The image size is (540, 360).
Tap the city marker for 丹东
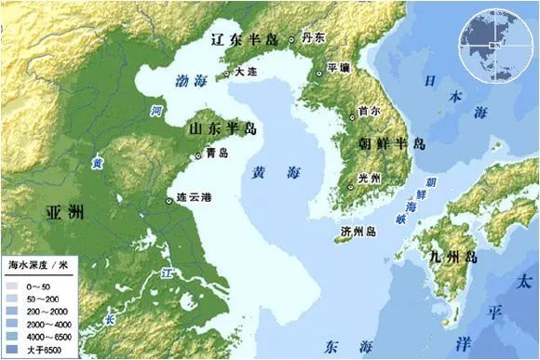coord(297,39)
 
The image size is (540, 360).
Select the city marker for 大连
coord(225,72)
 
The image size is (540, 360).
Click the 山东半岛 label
coord(223,127)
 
